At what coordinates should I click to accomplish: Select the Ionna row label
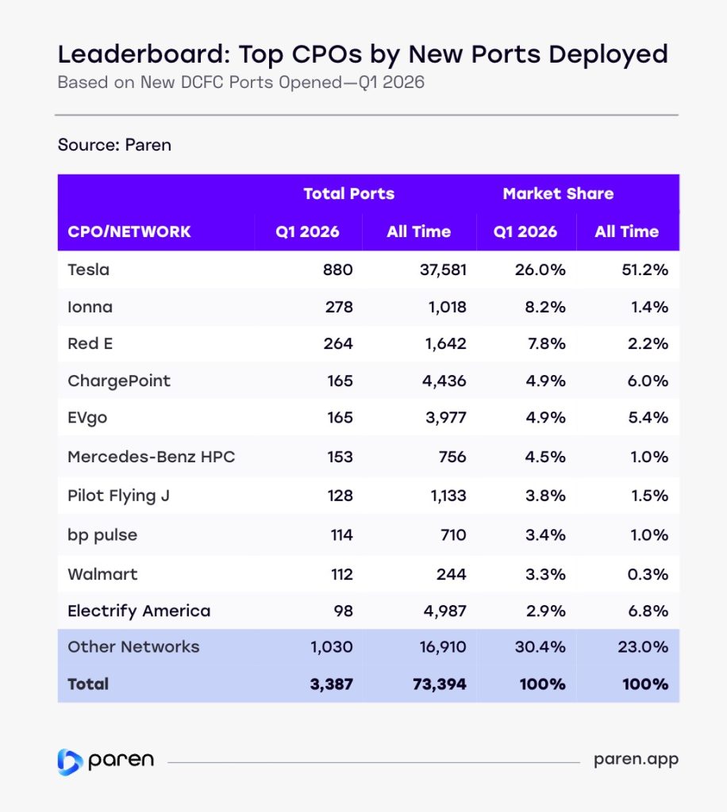90,307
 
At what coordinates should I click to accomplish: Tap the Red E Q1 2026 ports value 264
340,343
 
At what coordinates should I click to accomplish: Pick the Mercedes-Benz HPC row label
151,457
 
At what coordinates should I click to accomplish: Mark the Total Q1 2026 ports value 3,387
331,684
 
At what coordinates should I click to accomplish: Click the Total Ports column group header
348,193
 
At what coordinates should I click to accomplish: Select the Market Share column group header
558,193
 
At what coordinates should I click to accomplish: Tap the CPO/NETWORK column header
129,232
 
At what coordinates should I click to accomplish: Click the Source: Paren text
114,145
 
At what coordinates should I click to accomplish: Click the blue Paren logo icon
70,760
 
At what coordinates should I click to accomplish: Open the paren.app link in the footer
636,760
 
